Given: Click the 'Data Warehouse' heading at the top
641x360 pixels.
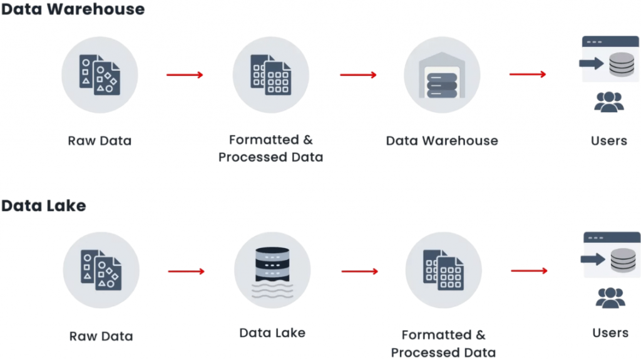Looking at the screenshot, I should click(73, 9).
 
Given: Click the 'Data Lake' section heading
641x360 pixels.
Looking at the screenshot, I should click(43, 205).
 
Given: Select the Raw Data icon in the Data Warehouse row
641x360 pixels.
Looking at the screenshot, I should click(100, 75).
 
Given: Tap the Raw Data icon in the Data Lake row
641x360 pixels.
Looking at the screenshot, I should click(101, 270).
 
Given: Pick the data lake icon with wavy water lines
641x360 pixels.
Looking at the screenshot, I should click(272, 270).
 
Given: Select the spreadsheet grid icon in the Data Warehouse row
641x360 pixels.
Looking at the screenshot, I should click(270, 75).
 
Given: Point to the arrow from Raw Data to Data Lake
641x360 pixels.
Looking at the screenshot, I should click(186, 271).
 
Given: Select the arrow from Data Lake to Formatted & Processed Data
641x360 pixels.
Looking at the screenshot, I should click(359, 271).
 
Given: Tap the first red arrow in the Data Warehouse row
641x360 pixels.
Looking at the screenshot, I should click(185, 75).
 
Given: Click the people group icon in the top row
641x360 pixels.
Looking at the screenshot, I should click(608, 102).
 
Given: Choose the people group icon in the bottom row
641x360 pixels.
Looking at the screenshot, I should click(610, 297).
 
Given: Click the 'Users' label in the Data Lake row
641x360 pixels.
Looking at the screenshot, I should click(610, 332).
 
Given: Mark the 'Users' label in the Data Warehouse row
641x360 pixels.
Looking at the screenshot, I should click(608, 140).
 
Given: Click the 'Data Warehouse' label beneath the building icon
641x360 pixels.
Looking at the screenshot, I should click(442, 140).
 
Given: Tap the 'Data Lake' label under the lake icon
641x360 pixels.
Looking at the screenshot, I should click(272, 332).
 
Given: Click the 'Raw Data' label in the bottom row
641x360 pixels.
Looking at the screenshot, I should click(101, 336).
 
